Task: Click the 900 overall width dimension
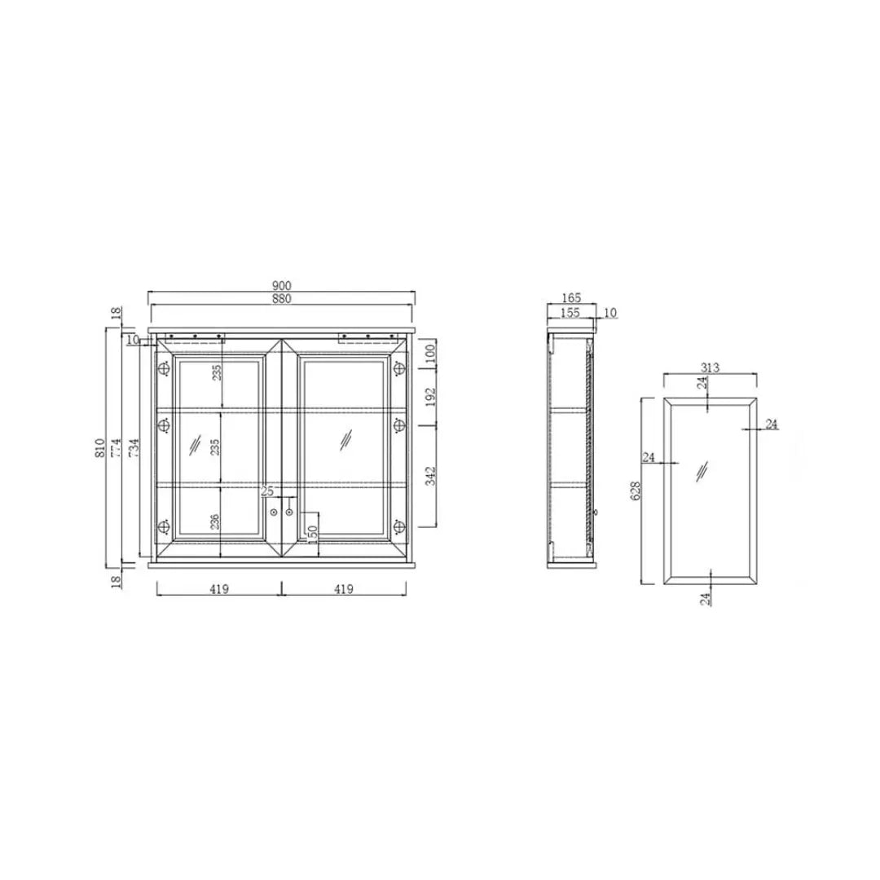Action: point(282,286)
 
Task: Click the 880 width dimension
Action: point(282,299)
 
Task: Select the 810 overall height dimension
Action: point(100,448)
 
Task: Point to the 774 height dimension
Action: point(117,448)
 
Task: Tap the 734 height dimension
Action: point(134,448)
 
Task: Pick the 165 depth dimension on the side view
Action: point(570,298)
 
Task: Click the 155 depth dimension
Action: point(570,313)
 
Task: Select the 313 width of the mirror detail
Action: point(710,367)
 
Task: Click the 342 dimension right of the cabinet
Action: point(430,476)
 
